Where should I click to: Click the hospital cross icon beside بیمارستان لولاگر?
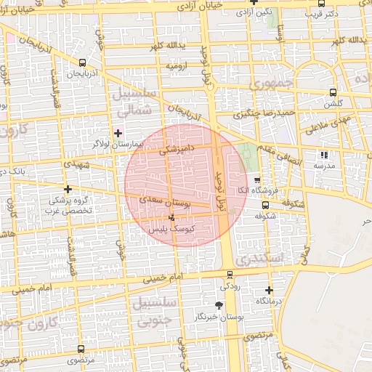tap(118, 133)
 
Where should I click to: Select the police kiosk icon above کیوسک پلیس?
tap(171, 217)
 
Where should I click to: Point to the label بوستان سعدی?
tap(168, 204)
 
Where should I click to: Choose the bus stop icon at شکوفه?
tap(264, 205)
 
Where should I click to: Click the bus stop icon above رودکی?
tap(230, 275)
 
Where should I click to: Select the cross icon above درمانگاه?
tap(269, 290)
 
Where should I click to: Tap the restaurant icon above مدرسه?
tap(324, 155)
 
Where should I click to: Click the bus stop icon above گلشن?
tap(333, 92)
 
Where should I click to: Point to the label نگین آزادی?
tap(257, 12)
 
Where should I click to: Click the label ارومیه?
tap(177, 66)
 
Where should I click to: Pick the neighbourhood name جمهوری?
tap(270, 85)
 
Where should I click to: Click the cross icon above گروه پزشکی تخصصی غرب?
tap(68, 190)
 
